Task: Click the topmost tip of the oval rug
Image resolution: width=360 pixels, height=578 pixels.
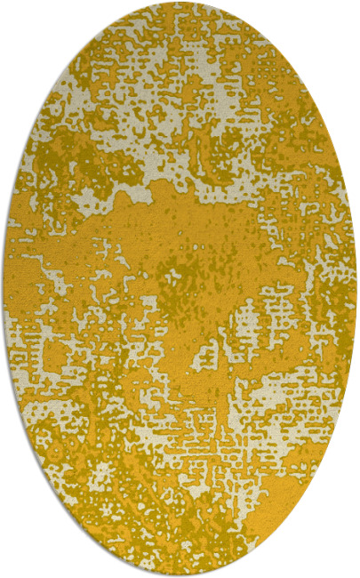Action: [x=179, y=3]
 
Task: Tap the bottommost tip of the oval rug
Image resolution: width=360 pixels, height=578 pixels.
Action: [x=179, y=574]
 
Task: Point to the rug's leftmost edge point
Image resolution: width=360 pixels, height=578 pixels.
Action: [x=4, y=289]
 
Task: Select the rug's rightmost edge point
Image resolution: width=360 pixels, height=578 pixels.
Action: [x=356, y=289]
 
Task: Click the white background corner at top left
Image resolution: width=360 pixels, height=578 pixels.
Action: [x=7, y=7]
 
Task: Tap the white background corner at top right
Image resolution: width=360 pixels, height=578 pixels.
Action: [x=352, y=7]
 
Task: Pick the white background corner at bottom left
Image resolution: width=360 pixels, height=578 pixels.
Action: [x=7, y=570]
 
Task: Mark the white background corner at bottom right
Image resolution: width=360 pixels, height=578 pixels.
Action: [x=352, y=570]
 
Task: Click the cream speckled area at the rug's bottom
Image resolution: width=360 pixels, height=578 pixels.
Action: [x=178, y=534]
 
